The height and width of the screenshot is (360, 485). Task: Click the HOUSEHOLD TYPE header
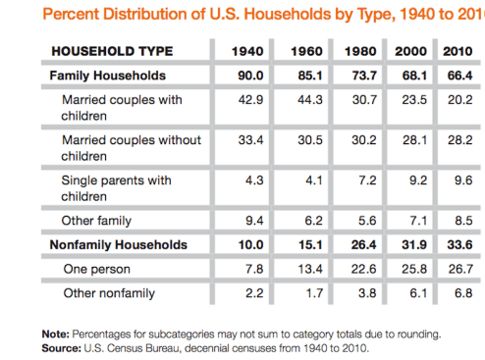click(111, 51)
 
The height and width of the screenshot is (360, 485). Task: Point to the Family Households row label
click(108, 76)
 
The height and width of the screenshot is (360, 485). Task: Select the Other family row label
click(98, 220)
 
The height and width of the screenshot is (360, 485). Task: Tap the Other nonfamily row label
click(109, 293)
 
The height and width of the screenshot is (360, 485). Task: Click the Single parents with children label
click(116, 187)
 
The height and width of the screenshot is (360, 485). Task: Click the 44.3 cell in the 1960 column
click(304, 100)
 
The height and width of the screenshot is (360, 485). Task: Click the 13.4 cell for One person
click(304, 269)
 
